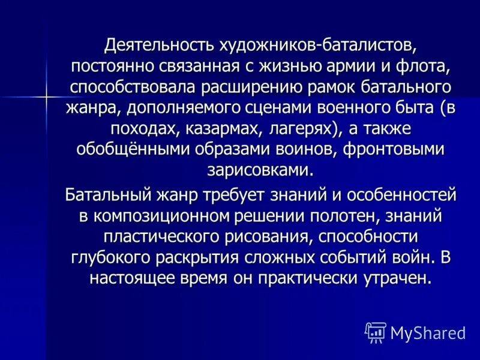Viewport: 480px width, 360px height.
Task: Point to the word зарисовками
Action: (x=260, y=169)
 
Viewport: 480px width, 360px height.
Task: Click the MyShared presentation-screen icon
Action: (x=376, y=332)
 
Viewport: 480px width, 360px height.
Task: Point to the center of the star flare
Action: (x=46, y=95)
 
